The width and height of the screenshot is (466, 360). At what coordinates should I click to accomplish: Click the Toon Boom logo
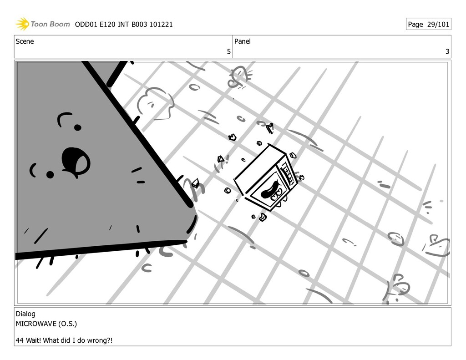42,24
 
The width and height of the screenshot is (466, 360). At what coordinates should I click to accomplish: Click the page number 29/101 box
428,25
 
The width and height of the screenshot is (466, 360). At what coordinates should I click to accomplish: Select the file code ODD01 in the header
86,25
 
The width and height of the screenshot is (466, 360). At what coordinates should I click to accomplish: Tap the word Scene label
25,41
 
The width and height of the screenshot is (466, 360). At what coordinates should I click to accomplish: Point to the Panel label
242,41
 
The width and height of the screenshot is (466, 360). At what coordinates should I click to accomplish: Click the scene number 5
229,51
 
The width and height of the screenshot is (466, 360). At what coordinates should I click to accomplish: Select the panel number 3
447,51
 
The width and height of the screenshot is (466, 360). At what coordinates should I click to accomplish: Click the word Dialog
25,314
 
